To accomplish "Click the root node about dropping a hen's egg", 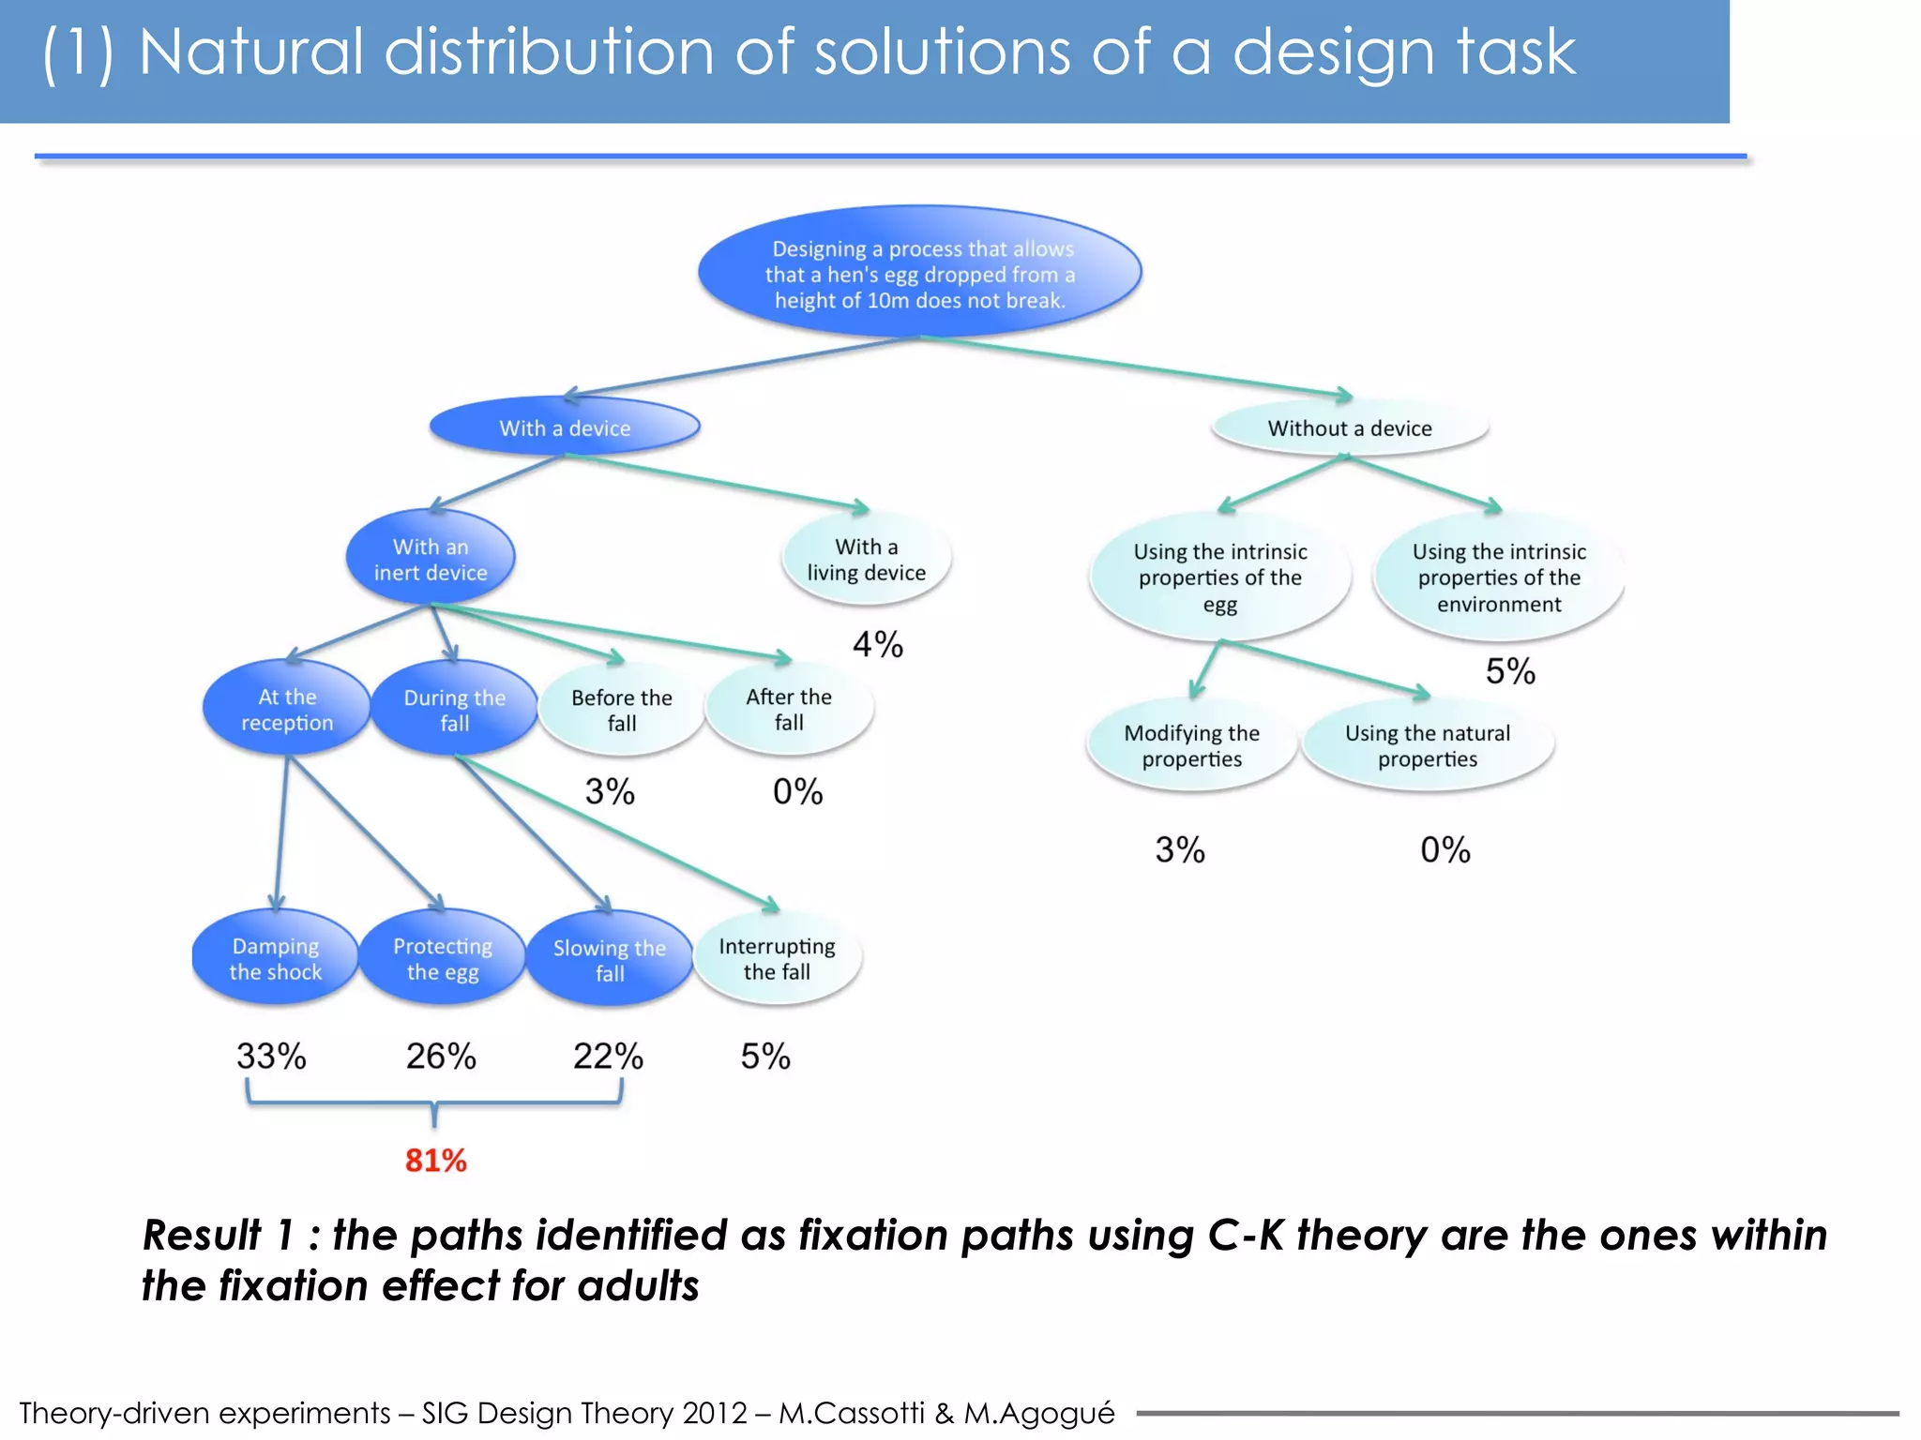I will tap(919, 274).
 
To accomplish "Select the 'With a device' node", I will tap(565, 427).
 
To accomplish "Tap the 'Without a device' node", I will tap(1349, 427).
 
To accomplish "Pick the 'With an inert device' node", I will tap(431, 559).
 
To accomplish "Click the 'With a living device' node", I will tap(866, 559).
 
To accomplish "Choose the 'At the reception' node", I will tap(286, 710).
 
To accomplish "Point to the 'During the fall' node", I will tap(454, 710).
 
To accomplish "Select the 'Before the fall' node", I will tap(621, 710).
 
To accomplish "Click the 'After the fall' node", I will tap(789, 709).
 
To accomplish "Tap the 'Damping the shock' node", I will tap(275, 958).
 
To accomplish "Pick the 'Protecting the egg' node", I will tap(442, 958).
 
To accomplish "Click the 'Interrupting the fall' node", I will tap(777, 958).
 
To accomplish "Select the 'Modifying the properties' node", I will tap(1191, 745).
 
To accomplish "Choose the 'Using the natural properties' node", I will tap(1427, 745).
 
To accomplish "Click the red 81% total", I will tap(435, 1161).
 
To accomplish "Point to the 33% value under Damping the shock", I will tap(271, 1057).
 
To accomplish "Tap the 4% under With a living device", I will tap(877, 645).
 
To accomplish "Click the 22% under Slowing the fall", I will tap(608, 1057).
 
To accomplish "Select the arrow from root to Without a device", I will tap(1135, 367).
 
